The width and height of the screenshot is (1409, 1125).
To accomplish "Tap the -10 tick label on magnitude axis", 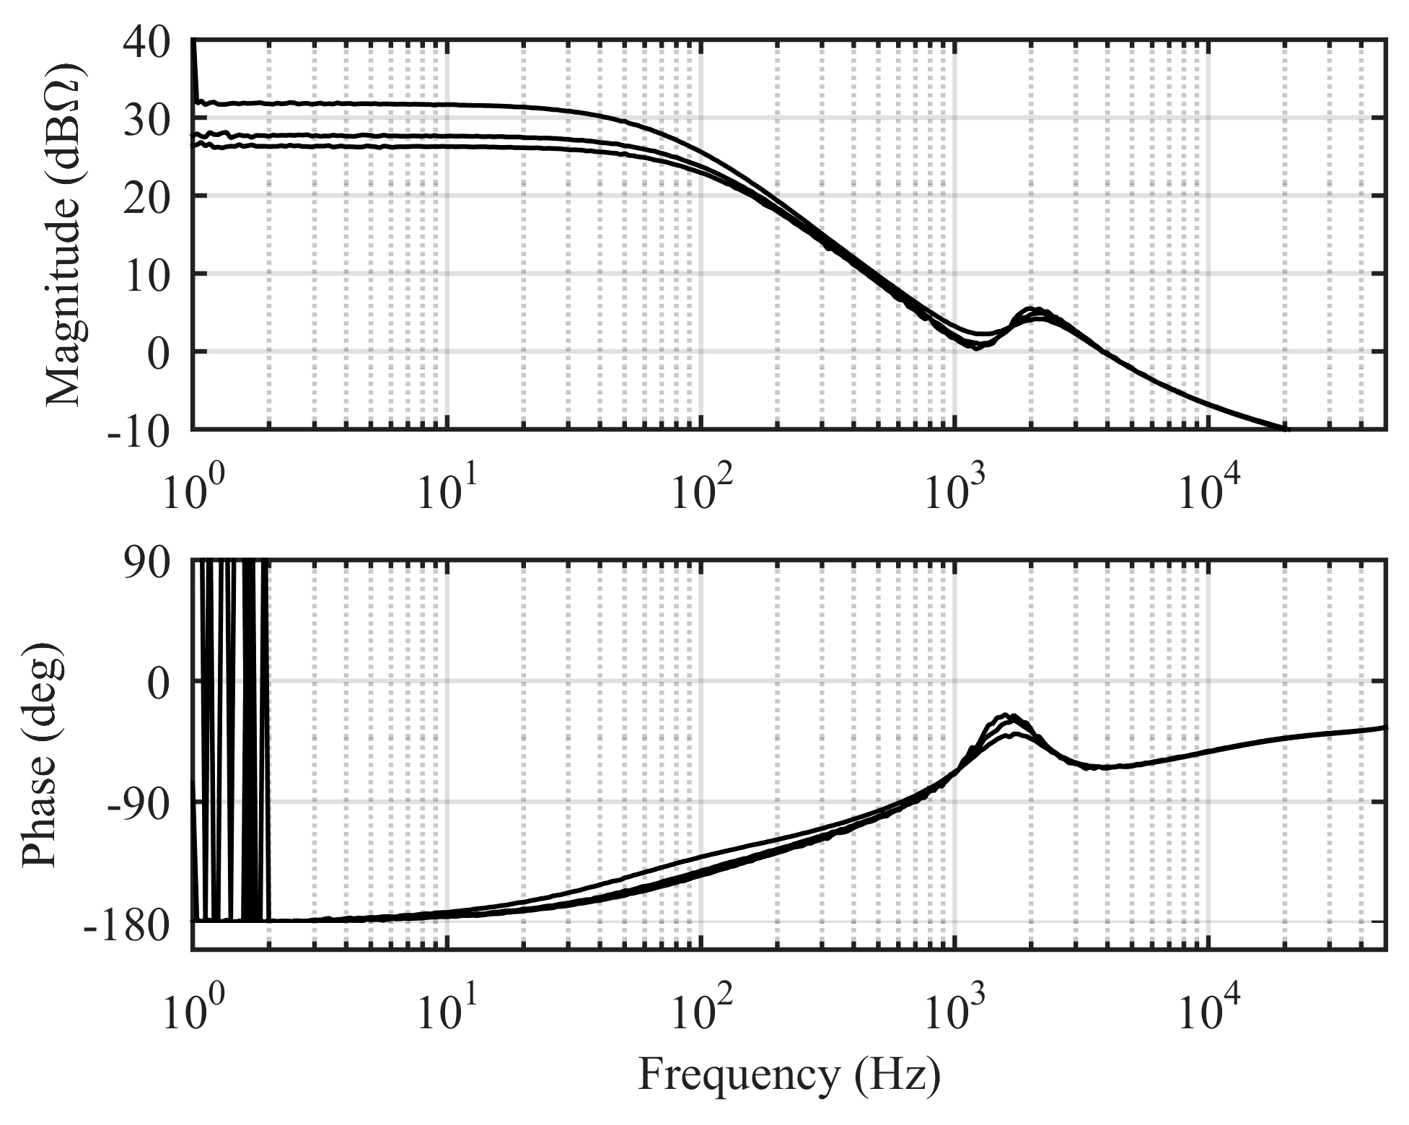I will point(137,431).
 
